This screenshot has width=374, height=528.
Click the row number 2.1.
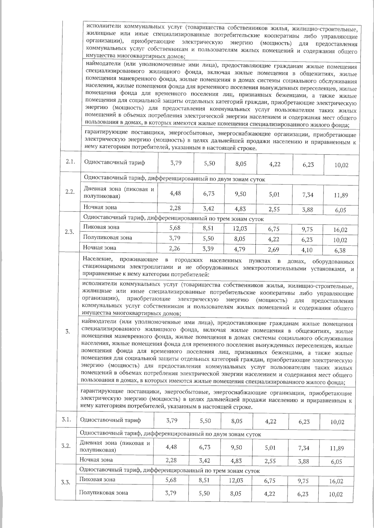click(x=70, y=162)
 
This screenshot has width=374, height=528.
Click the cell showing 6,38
click(x=341, y=250)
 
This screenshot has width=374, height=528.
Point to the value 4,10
click(x=308, y=250)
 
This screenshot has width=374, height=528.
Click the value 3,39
click(x=208, y=249)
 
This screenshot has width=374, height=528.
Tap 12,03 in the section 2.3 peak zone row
click(x=240, y=228)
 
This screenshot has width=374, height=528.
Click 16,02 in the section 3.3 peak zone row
click(x=336, y=481)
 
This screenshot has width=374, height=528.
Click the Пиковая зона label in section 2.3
click(x=101, y=227)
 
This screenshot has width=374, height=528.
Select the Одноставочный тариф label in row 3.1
click(x=110, y=420)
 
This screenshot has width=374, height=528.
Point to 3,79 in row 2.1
click(x=176, y=162)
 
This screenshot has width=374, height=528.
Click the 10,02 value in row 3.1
click(x=337, y=422)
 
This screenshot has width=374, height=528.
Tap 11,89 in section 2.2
click(x=341, y=195)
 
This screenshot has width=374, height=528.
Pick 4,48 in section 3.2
click(x=171, y=447)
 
